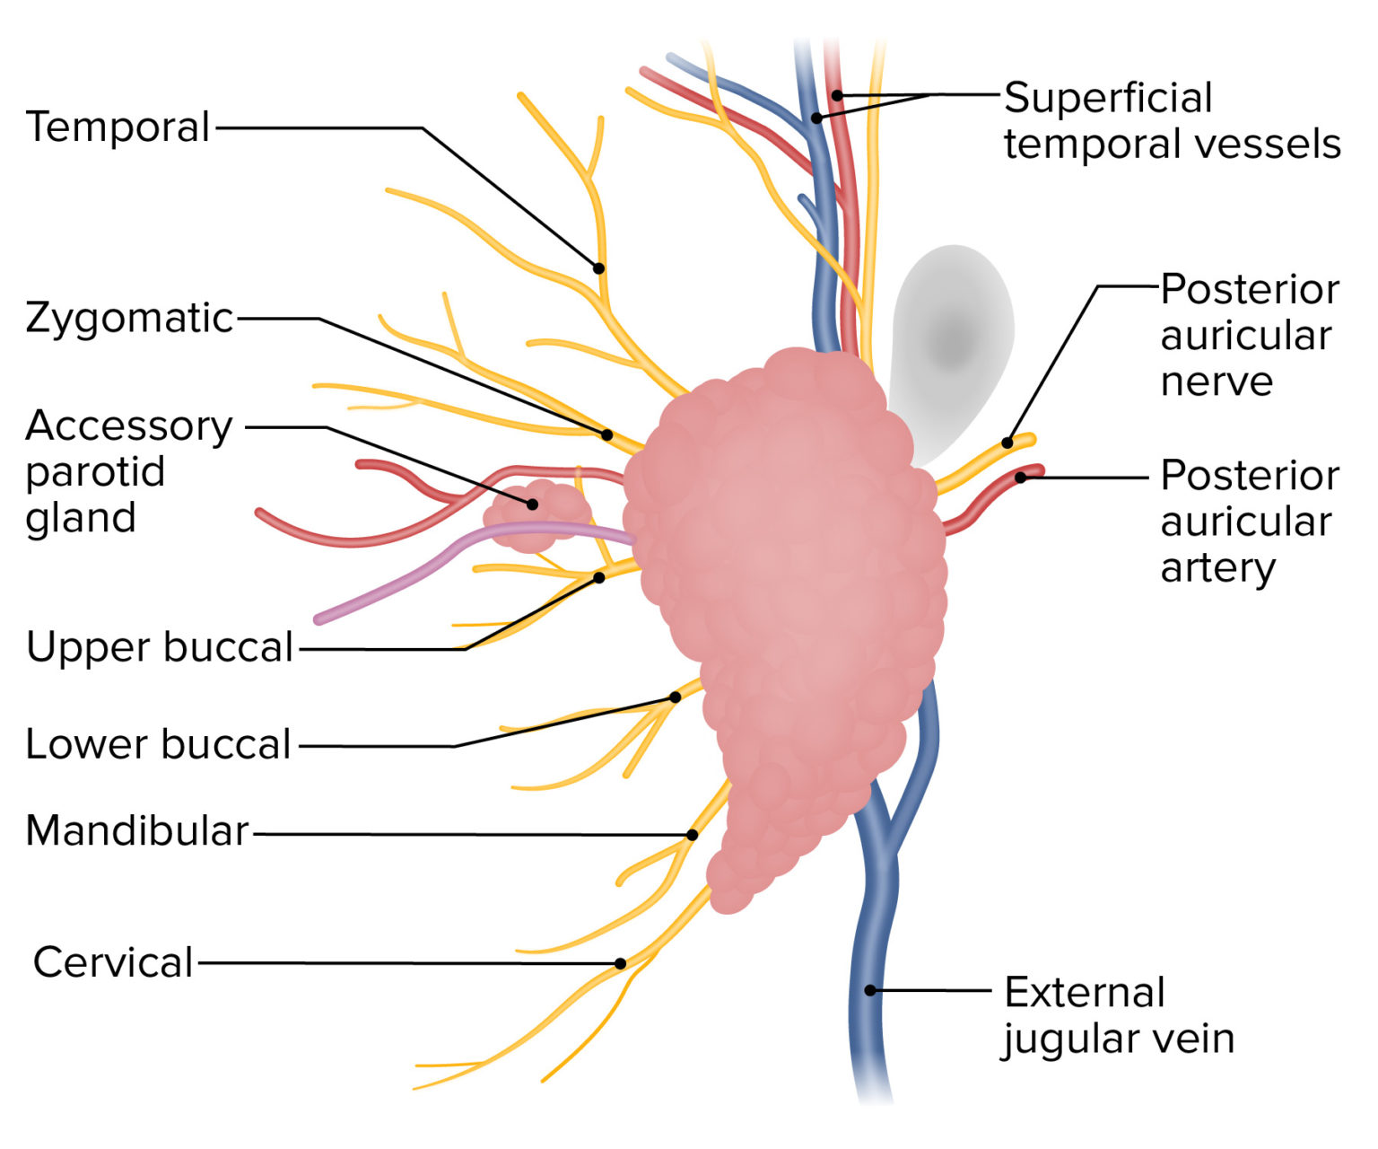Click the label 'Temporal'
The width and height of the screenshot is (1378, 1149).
(x=118, y=127)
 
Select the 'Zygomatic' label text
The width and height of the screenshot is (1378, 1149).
(x=129, y=318)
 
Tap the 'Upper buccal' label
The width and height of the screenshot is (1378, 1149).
(x=160, y=647)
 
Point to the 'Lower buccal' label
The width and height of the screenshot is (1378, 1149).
(x=158, y=744)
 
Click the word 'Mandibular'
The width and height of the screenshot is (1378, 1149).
(x=136, y=831)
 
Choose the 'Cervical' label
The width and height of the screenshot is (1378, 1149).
(x=113, y=962)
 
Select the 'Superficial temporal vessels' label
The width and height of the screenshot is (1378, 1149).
(x=1171, y=120)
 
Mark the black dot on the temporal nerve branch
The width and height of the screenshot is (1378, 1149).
(x=598, y=268)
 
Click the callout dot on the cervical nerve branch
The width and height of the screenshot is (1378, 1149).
(x=620, y=964)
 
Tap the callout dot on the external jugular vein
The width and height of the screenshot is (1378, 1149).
(x=869, y=990)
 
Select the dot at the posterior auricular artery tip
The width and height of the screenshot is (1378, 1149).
(x=1020, y=478)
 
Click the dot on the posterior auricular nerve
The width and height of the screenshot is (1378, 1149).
(x=1007, y=443)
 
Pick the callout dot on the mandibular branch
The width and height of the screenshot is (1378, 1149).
(x=692, y=835)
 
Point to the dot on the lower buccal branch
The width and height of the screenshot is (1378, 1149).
(x=675, y=697)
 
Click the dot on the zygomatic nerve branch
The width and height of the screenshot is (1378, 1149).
(x=606, y=434)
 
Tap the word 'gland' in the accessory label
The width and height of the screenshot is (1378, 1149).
(x=81, y=518)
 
